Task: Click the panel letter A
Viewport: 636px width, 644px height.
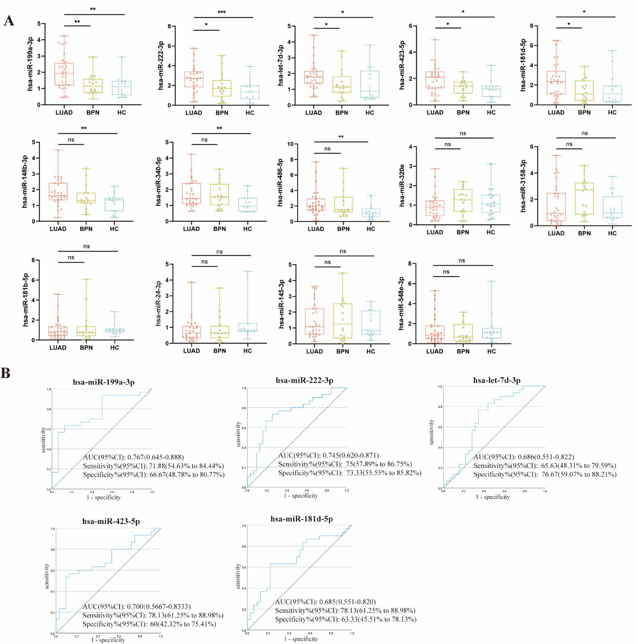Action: coord(8,21)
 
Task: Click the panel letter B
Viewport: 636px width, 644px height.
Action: coord(5,373)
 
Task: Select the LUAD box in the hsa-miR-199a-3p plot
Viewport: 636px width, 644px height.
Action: coord(64,74)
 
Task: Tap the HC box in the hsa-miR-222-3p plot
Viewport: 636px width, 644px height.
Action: coord(250,92)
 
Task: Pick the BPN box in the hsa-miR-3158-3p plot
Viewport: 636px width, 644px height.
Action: coord(584,199)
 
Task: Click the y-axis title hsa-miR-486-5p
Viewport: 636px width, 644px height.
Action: coord(281,182)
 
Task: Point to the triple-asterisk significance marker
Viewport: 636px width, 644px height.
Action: coord(222,12)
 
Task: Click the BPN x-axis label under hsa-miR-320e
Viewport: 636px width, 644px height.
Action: coord(463,232)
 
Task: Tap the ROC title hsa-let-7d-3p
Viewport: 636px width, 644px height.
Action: coord(497,380)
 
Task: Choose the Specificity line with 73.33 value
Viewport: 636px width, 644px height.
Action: coord(349,473)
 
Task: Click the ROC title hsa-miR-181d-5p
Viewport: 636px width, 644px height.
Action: coord(301,519)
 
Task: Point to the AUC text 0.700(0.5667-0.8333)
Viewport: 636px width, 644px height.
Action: coord(136,606)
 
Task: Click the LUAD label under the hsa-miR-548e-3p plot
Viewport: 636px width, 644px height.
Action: coord(435,351)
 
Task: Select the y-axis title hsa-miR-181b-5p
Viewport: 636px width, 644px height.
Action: coord(26,300)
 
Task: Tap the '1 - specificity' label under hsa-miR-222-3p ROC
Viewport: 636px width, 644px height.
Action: coord(301,496)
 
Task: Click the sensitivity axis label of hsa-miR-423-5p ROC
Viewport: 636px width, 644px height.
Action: coord(46,576)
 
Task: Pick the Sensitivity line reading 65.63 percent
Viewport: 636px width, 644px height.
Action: coord(544,465)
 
